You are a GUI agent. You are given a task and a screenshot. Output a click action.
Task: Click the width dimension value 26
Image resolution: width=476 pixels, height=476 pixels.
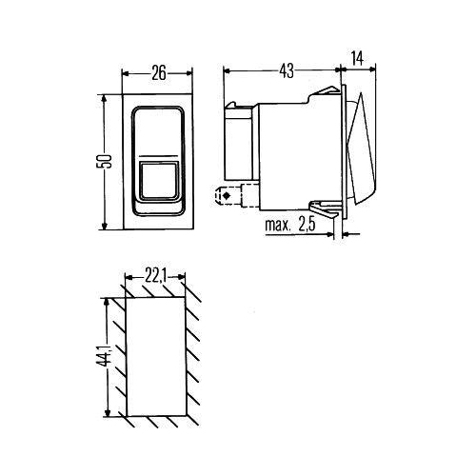[158, 70]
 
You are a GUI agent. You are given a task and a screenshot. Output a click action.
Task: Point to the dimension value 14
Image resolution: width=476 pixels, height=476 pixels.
[359, 58]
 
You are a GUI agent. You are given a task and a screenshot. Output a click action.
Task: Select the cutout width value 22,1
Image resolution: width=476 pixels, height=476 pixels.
[157, 276]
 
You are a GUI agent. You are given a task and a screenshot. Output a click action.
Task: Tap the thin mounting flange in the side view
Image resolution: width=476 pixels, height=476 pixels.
[343, 152]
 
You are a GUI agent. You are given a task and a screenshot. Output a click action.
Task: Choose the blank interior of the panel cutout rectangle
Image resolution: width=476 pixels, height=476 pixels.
[156, 357]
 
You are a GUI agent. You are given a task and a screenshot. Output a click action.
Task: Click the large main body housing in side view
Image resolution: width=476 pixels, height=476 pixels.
[295, 152]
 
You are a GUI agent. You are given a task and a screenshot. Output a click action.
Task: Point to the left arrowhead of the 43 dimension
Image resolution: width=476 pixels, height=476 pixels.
[227, 70]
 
